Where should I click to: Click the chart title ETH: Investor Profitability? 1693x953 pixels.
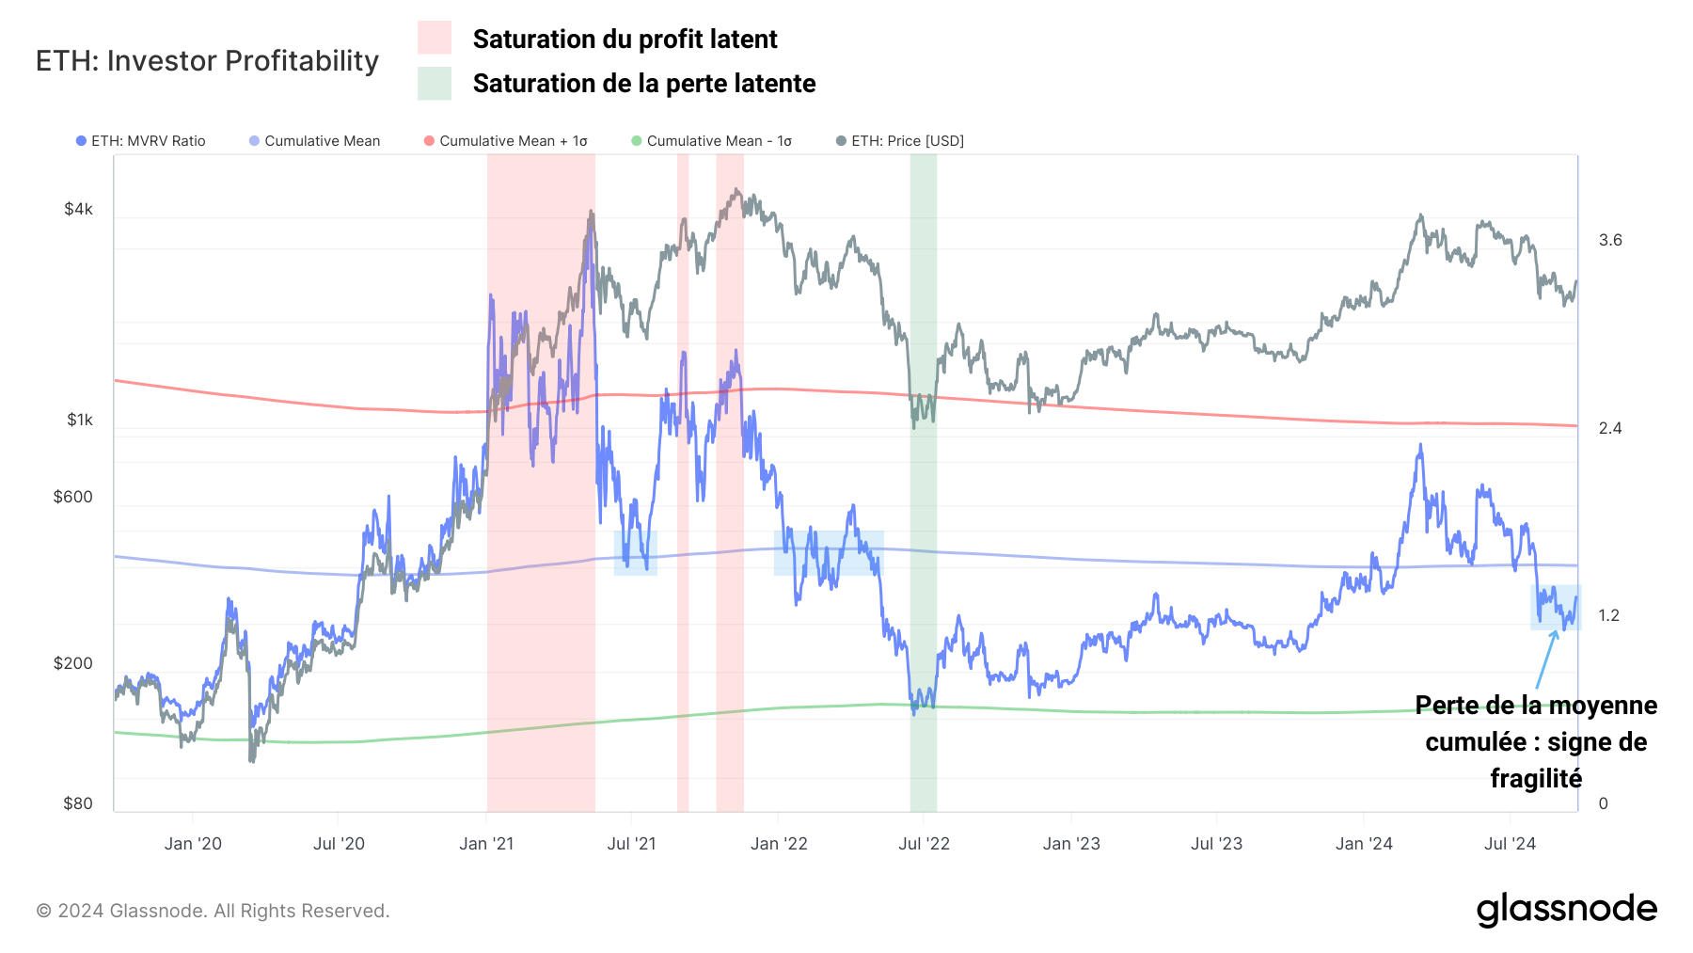pyautogui.click(x=207, y=60)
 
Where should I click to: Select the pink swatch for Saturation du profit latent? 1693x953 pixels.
pyautogui.click(x=434, y=38)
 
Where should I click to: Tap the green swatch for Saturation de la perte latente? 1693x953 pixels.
pyautogui.click(x=434, y=83)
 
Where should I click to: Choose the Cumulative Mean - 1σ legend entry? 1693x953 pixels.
pyautogui.click(x=712, y=141)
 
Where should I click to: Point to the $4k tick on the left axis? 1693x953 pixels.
pyautogui.click(x=78, y=209)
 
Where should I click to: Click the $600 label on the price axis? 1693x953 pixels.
pyautogui.click(x=73, y=497)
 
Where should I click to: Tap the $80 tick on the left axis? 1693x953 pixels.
pyautogui.click(x=78, y=803)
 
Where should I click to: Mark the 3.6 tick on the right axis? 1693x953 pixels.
pyautogui.click(x=1610, y=240)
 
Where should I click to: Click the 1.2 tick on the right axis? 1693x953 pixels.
pyautogui.click(x=1609, y=615)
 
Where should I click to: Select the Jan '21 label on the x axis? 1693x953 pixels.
pyautogui.click(x=486, y=844)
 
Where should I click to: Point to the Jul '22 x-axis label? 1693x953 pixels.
pyautogui.click(x=924, y=844)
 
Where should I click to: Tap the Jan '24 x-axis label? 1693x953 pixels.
pyautogui.click(x=1364, y=844)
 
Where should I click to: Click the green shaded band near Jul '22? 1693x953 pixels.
pyautogui.click(x=923, y=564)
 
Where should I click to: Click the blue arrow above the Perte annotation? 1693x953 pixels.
pyautogui.click(x=1545, y=659)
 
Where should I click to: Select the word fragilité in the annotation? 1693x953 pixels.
pyautogui.click(x=1536, y=779)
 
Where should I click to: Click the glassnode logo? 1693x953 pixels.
pyautogui.click(x=1566, y=909)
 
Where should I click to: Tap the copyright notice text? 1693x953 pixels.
pyautogui.click(x=213, y=911)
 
